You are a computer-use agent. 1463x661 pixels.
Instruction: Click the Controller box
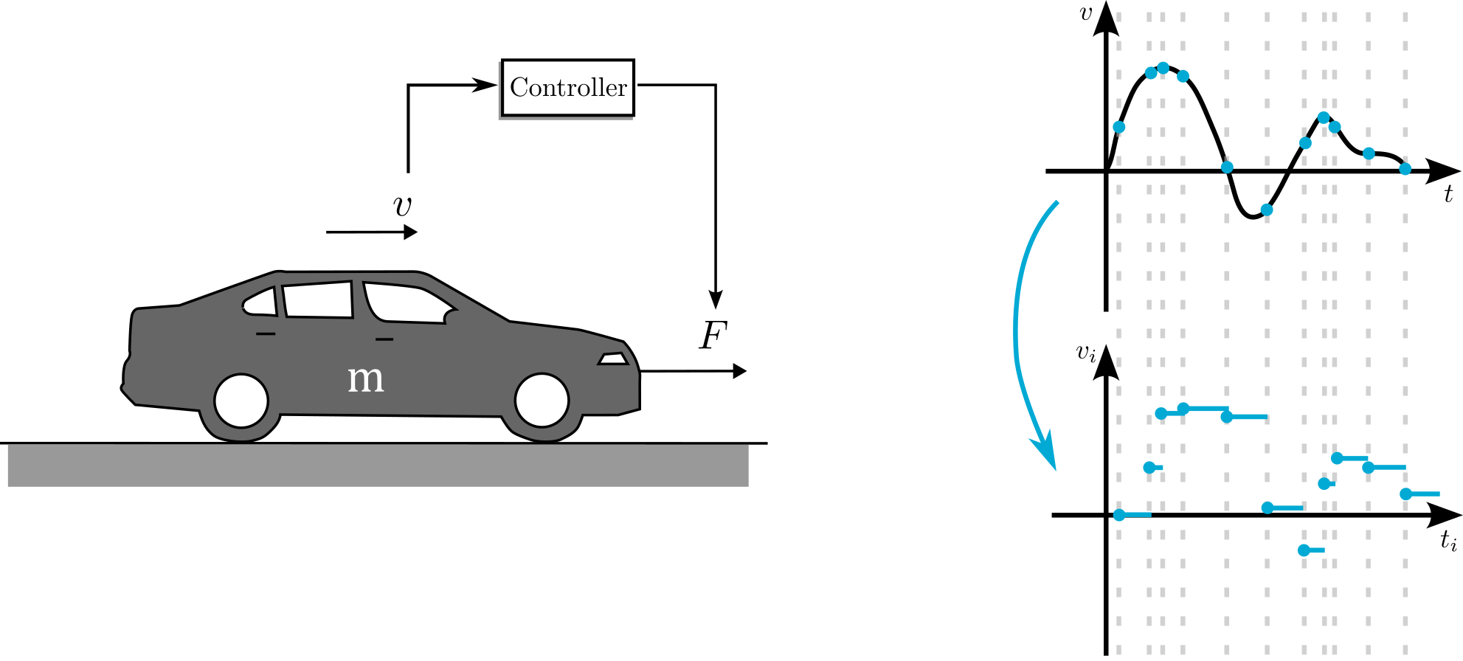pos(567,88)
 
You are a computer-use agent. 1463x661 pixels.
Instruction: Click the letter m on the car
pos(366,378)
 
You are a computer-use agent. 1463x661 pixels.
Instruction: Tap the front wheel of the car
pos(542,401)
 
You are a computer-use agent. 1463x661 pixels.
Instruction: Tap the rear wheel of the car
pos(241,401)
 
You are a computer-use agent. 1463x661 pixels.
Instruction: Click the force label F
pos(713,336)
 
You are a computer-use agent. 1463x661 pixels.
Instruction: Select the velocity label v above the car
pos(403,206)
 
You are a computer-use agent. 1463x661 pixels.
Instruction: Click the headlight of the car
pos(613,359)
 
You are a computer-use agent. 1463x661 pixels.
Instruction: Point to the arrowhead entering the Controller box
pos(487,85)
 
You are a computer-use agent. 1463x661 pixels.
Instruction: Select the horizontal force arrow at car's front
pos(694,371)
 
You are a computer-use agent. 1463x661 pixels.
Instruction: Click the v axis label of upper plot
pos(1085,13)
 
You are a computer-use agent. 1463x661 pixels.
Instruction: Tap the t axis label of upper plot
pos(1448,195)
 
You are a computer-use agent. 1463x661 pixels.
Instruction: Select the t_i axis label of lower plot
pos(1448,541)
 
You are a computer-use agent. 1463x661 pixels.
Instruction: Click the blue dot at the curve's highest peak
pos(1163,68)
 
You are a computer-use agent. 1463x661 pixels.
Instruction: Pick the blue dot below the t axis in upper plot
pos(1267,210)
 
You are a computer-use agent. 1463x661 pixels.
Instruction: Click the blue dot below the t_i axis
pos(1304,550)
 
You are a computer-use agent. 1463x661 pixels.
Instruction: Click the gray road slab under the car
pos(378,466)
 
